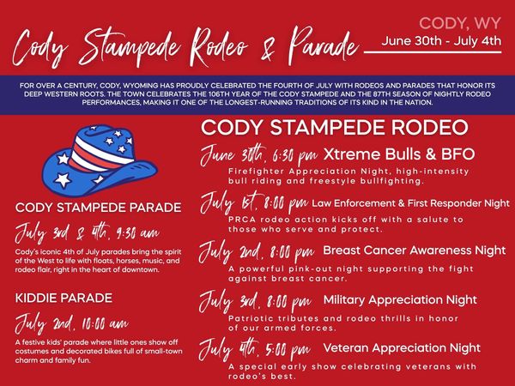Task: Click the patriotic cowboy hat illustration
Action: coord(100,160)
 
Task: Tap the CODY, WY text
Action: coord(460,24)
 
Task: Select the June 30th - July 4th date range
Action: coord(441,41)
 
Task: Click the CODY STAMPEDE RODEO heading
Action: coord(335,127)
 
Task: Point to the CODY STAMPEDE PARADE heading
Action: coord(98,208)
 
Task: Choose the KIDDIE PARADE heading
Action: coord(64,298)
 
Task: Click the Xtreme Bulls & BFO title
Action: coord(399,154)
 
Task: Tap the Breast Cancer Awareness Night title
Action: coord(415,250)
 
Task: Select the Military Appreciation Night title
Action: coord(400,299)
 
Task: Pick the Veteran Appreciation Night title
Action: coord(402,348)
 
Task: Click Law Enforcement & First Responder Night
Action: coord(410,203)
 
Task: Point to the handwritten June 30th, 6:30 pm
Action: coord(259,155)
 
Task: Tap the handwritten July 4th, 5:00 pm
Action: coord(255,349)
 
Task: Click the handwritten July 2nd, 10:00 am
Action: coord(71,323)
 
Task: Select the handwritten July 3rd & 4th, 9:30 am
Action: coord(88,232)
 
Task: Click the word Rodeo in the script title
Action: coord(219,47)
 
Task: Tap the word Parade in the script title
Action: coord(324,46)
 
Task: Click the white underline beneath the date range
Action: coord(433,51)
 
